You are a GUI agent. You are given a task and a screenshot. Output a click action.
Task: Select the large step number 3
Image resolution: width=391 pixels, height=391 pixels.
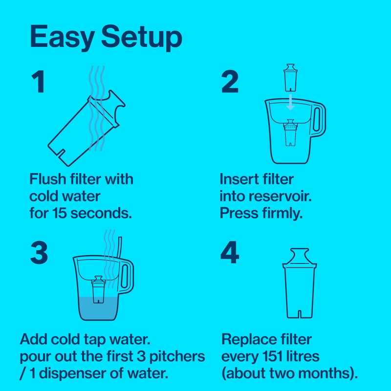pyautogui.click(x=39, y=253)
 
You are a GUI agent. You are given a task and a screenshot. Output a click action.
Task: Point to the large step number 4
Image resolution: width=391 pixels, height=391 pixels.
pyautogui.click(x=230, y=253)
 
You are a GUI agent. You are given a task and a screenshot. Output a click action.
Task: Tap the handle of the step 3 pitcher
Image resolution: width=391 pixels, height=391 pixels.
pyautogui.click(x=128, y=276)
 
